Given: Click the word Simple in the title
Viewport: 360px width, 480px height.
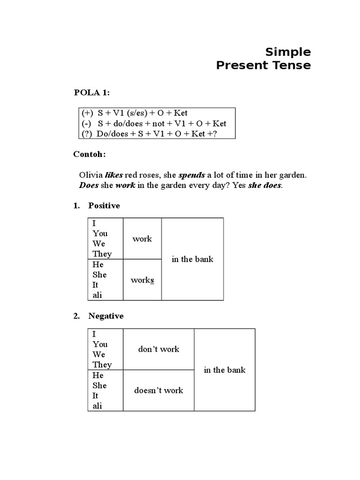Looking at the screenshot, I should [x=288, y=52].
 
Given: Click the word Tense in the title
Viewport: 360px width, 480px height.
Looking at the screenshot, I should [x=293, y=65].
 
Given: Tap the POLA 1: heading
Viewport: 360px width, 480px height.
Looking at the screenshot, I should [x=92, y=92].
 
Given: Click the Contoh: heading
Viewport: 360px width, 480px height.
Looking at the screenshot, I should [x=90, y=154].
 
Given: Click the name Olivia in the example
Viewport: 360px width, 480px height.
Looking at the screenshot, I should [x=90, y=175].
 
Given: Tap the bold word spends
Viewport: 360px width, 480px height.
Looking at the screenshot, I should [x=191, y=175].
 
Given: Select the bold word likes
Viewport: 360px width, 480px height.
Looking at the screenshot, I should [x=114, y=175].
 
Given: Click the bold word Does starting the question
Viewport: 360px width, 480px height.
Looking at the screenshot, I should [x=89, y=185].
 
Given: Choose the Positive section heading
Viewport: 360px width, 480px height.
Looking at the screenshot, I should [x=104, y=206].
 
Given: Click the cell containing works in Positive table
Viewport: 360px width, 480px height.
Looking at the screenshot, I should [x=142, y=280].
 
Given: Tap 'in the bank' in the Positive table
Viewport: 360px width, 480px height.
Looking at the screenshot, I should [x=192, y=259].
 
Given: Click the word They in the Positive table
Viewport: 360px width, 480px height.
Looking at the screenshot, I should [x=102, y=254].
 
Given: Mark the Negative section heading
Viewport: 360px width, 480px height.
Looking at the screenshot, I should [x=106, y=316].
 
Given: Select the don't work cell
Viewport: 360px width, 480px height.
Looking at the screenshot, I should [x=158, y=349].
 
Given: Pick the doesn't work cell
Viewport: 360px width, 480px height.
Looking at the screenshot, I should [x=158, y=390].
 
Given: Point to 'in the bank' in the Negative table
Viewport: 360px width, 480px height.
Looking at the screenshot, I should [x=225, y=370].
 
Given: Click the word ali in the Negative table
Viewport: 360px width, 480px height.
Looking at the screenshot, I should [x=97, y=406].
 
